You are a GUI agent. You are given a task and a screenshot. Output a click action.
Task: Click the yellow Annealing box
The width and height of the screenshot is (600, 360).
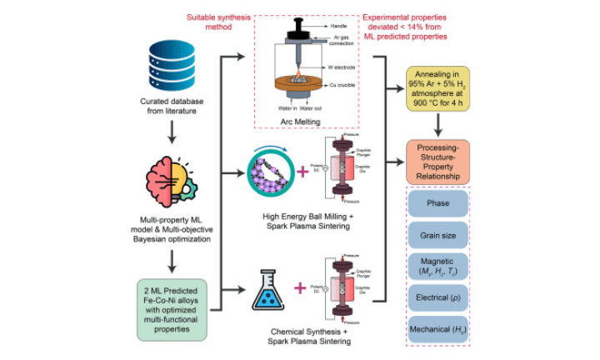click(437, 87)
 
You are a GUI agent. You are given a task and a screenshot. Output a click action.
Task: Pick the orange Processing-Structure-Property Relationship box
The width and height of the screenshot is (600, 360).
click(437, 162)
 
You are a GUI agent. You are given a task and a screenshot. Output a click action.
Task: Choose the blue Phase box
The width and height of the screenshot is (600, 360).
click(437, 204)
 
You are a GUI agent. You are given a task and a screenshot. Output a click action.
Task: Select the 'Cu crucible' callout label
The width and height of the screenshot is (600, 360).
click(338, 87)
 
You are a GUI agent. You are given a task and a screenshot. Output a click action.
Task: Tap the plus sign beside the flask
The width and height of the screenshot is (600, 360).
click(301, 292)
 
